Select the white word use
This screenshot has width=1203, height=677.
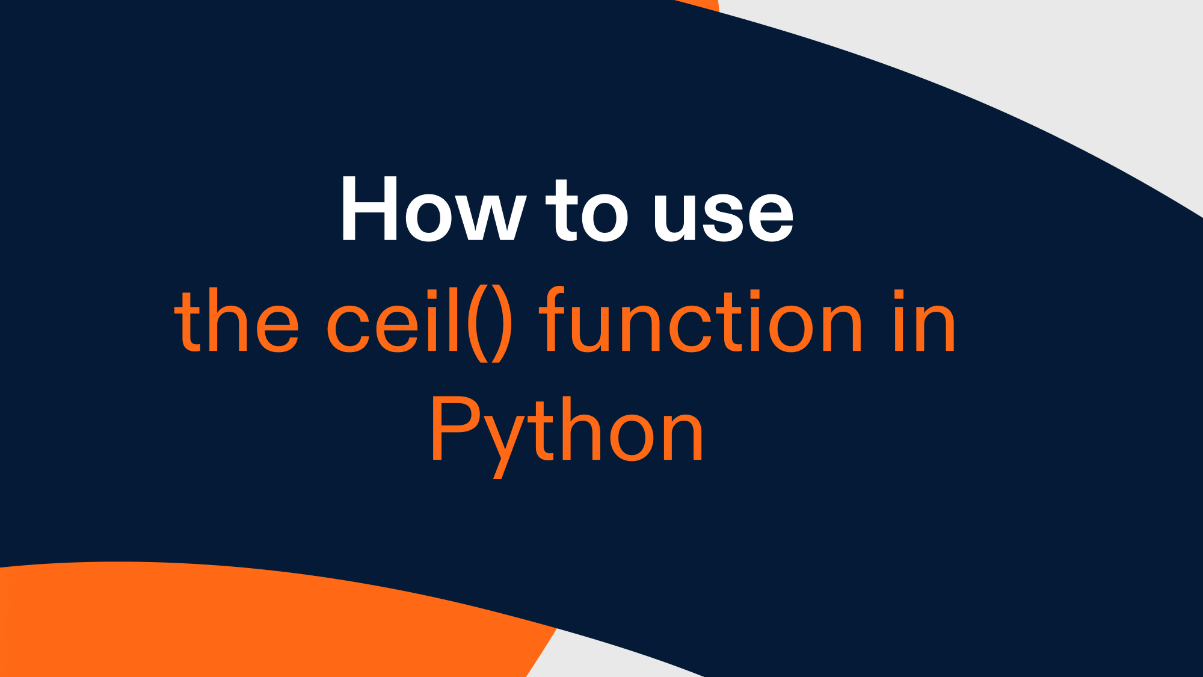coord(724,215)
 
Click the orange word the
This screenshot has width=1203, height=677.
coord(236,322)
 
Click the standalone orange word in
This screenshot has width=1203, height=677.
coord(925,322)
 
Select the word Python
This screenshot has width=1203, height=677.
coord(566,430)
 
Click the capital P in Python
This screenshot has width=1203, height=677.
coord(454,428)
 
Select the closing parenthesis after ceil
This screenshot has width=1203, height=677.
coord(503,324)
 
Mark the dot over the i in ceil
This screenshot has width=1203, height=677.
coord(429,294)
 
